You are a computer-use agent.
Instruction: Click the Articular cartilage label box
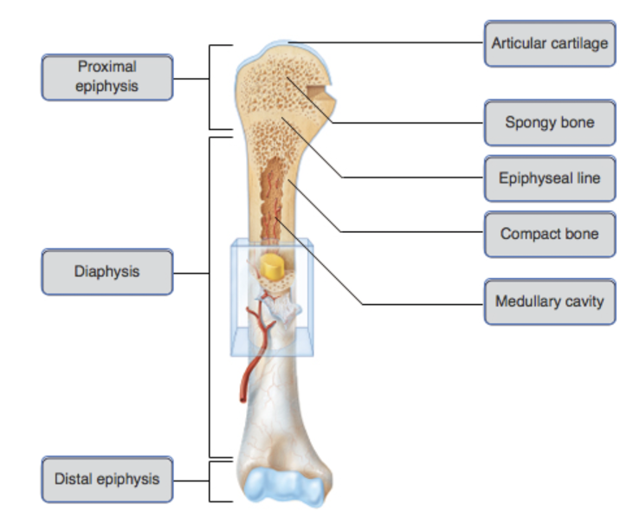click(549, 42)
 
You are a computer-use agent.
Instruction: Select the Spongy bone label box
click(549, 122)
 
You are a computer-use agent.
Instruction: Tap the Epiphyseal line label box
click(549, 178)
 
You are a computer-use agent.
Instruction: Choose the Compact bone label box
click(549, 234)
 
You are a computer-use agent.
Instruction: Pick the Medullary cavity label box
click(549, 302)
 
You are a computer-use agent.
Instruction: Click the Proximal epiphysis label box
click(107, 76)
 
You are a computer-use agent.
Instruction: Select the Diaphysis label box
click(107, 271)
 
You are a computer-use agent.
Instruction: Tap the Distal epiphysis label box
click(107, 479)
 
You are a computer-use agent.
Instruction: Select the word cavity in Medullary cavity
click(583, 302)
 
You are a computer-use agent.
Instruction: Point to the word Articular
click(521, 42)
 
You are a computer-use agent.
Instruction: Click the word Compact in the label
click(529, 234)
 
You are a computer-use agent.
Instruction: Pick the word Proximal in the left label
click(107, 66)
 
